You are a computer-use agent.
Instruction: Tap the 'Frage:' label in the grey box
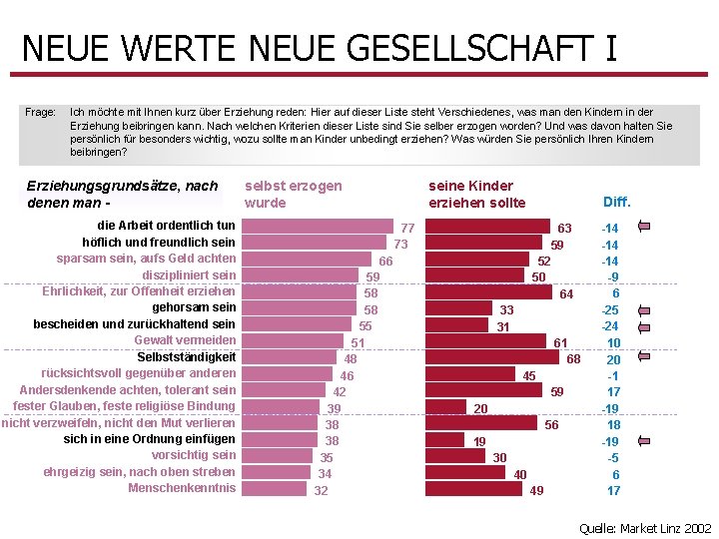point(40,113)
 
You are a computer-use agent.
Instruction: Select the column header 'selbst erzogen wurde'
point(293,194)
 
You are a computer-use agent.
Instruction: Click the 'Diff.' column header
point(616,202)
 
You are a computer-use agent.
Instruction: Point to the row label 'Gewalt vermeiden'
point(185,340)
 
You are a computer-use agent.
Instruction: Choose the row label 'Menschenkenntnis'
point(182,488)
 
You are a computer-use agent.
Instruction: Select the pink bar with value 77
point(320,227)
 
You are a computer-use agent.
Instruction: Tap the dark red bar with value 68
point(492,357)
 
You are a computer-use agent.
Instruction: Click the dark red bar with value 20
point(446,407)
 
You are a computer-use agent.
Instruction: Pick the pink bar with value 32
point(275,489)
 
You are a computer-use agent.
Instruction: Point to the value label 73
point(400,244)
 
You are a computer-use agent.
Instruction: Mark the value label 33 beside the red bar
point(506,310)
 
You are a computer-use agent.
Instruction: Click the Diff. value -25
point(609,310)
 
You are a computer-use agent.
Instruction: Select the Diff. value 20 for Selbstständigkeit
point(613,359)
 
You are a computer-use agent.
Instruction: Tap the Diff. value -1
point(613,375)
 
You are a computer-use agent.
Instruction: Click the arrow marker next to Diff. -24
point(644,325)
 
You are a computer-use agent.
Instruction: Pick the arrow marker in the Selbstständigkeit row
point(644,358)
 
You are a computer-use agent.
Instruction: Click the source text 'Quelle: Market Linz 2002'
point(645,528)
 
